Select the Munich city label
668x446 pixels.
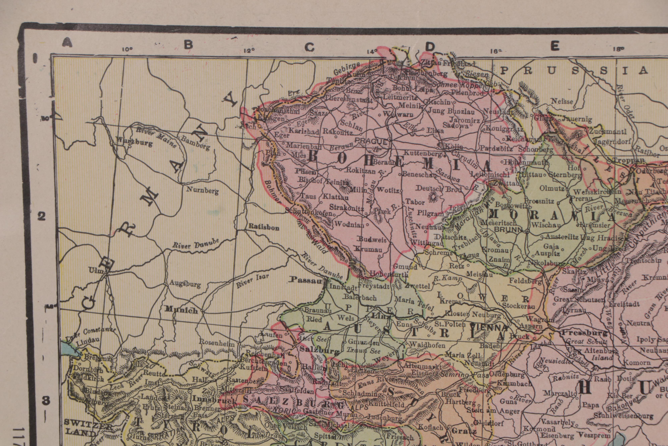(x=181, y=310)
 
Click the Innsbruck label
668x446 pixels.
(x=214, y=400)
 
